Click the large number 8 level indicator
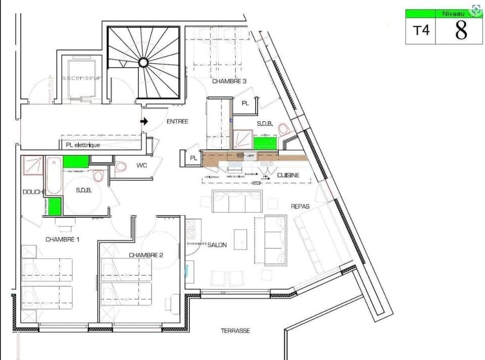[x=461, y=30]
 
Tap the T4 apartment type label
[x=421, y=30]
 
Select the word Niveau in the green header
[x=453, y=14]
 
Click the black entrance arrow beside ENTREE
[x=144, y=121]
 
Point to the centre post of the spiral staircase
[x=143, y=62]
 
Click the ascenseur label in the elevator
[x=82, y=78]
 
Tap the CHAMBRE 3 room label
[x=229, y=81]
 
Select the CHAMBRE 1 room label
[x=63, y=239]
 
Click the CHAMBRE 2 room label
[x=146, y=255]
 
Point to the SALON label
[x=217, y=245]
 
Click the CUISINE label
[x=288, y=175]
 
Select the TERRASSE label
[x=235, y=331]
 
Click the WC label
[x=141, y=165]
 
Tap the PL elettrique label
[x=83, y=145]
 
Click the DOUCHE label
[x=34, y=192]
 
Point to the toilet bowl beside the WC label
[x=120, y=166]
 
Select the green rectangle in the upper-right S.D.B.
[x=265, y=143]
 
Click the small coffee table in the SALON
[x=241, y=239]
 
